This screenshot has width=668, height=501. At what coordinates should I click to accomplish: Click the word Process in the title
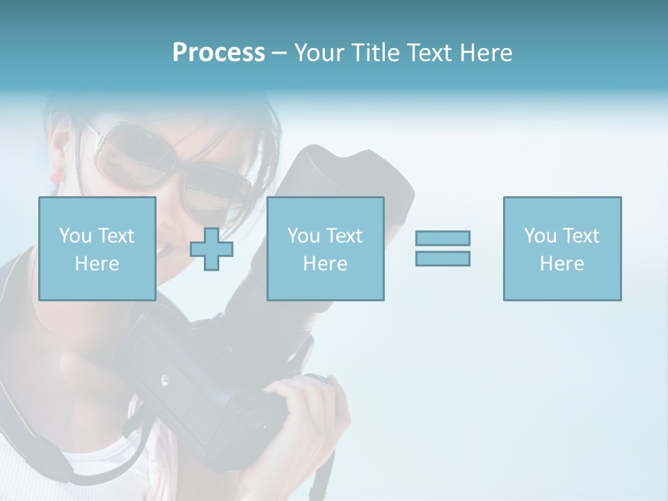(218, 53)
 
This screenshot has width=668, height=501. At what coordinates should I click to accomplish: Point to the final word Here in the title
(485, 53)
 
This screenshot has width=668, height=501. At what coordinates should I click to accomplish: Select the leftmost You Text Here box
(97, 248)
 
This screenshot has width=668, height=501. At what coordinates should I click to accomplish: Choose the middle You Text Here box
(325, 248)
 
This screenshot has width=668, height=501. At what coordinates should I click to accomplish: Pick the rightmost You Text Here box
(562, 248)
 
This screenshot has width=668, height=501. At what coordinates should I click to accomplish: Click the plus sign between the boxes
(212, 249)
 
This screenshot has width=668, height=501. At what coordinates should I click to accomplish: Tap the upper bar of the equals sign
(443, 239)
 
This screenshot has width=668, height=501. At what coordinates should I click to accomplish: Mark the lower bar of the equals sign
(443, 259)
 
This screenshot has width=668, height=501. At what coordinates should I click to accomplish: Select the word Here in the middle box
(325, 264)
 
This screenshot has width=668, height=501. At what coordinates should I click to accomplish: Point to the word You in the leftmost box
(75, 236)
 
